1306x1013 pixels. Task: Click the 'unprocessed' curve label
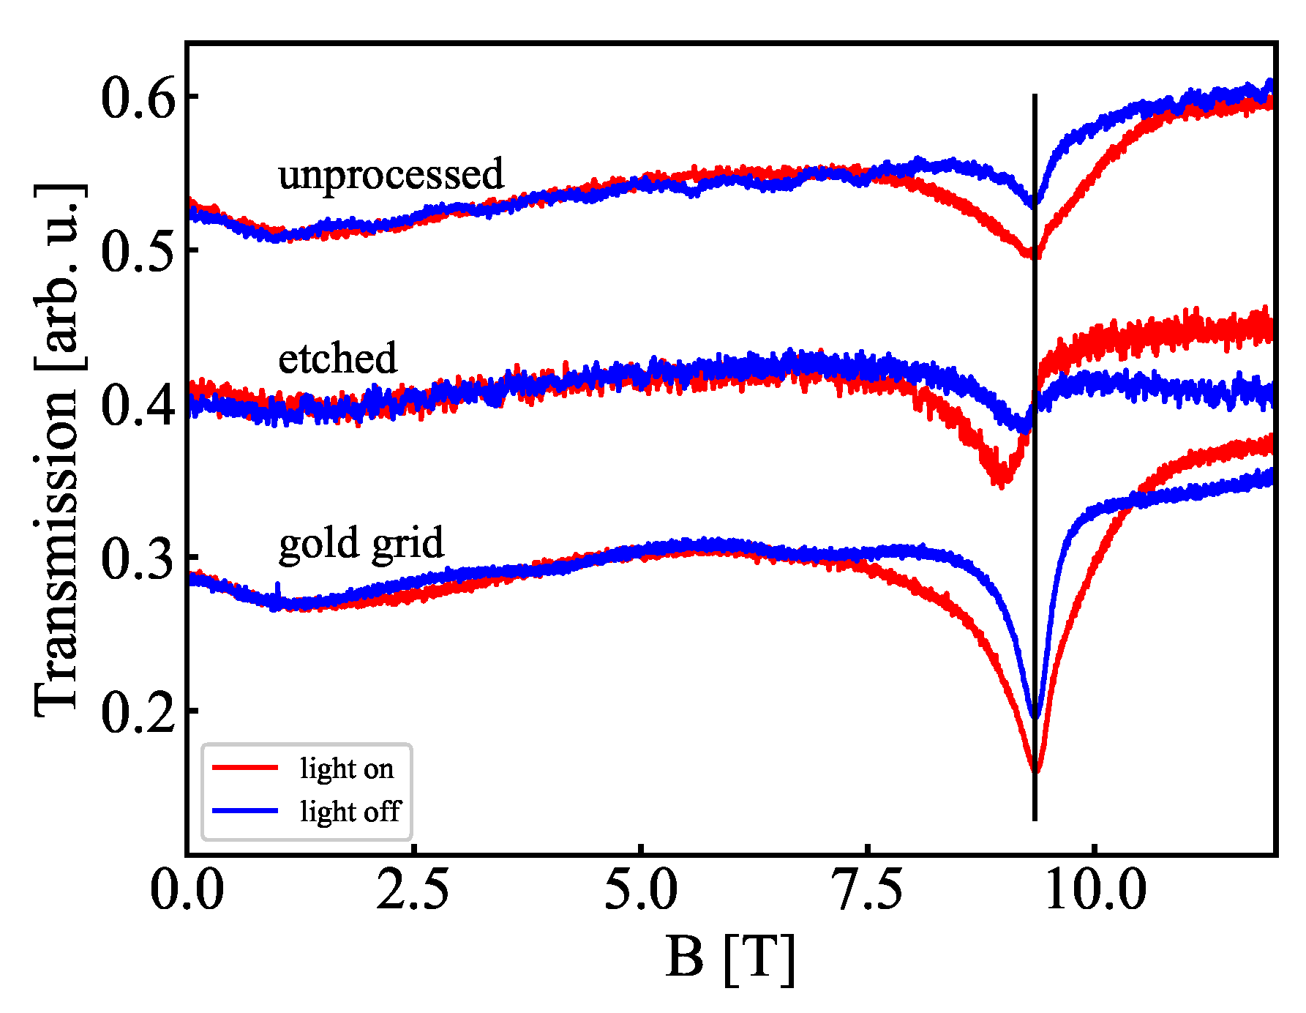click(x=391, y=175)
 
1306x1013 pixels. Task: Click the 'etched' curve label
click(x=337, y=359)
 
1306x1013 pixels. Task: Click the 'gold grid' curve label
click(x=361, y=544)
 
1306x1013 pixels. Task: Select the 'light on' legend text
click(x=347, y=769)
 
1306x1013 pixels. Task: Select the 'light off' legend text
click(x=350, y=811)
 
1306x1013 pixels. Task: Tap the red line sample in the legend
click(x=245, y=767)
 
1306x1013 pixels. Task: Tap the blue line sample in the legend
click(x=245, y=810)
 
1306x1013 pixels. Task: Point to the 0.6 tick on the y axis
click(x=139, y=98)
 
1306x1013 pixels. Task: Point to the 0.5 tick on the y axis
click(x=139, y=251)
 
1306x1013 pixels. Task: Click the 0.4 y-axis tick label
click(x=139, y=405)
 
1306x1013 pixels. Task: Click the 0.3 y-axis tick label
click(x=139, y=558)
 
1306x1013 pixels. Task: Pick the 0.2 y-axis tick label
click(x=139, y=711)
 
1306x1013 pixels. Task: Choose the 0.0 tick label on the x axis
click(x=187, y=891)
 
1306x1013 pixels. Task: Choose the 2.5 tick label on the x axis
click(x=413, y=891)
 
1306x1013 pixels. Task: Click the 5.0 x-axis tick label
click(x=640, y=891)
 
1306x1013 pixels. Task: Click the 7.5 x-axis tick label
click(x=868, y=891)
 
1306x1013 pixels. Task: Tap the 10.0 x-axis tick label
click(x=1094, y=891)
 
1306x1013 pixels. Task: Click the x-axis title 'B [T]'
click(x=729, y=958)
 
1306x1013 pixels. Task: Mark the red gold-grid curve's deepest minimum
click(x=1035, y=771)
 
